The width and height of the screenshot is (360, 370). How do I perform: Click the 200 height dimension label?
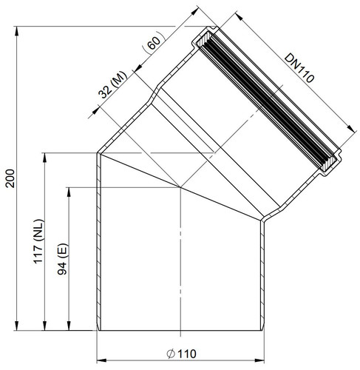click(x=10, y=178)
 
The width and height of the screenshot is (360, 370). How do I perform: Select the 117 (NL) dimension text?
click(x=38, y=241)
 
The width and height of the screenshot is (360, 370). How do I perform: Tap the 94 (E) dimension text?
click(x=62, y=259)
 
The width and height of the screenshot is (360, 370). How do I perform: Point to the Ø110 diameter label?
click(x=182, y=354)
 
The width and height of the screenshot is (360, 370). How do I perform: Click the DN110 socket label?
click(x=299, y=68)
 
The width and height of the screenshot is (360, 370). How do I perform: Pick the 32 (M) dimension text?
click(x=112, y=84)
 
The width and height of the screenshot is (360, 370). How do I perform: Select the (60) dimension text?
click(x=154, y=42)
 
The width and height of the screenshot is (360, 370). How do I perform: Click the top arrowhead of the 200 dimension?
click(x=16, y=31)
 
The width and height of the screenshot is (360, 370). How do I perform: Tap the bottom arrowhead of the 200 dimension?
click(x=16, y=326)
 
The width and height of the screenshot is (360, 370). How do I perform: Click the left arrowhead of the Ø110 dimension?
click(x=101, y=360)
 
